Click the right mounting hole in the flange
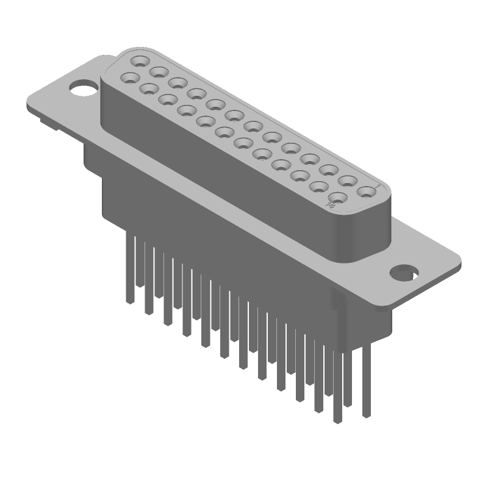click(x=403, y=271)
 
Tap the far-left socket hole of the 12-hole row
click(x=130, y=77)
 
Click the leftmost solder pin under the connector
click(x=129, y=268)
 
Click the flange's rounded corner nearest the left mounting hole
click(x=32, y=104)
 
